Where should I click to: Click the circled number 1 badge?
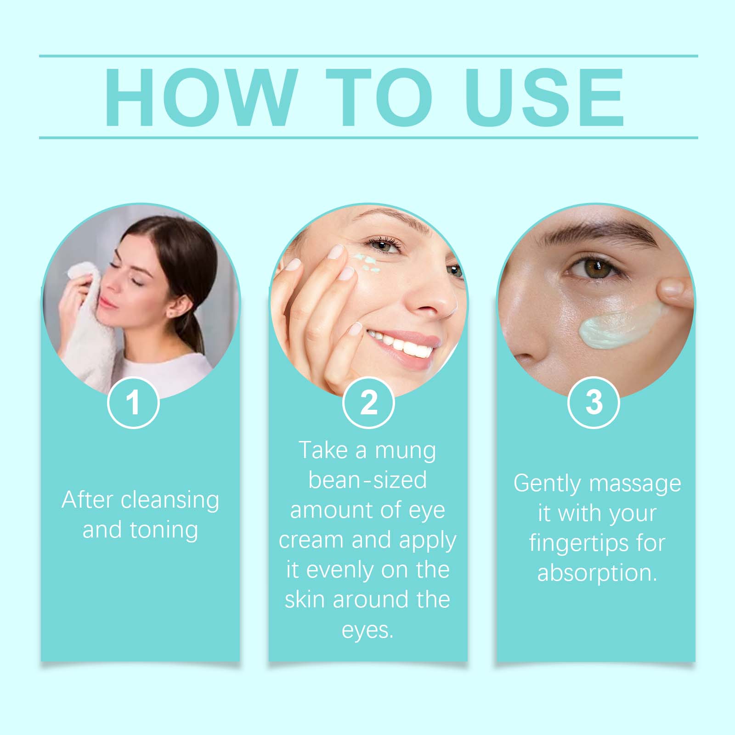133,402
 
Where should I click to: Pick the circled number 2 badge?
368,402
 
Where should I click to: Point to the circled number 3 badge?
594,402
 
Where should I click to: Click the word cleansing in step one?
170,500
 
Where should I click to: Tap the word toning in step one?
164,530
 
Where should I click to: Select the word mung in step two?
405,451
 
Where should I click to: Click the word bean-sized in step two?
367,480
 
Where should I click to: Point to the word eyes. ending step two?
367,630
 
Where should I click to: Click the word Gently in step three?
547,484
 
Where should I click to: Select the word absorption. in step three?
597,573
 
